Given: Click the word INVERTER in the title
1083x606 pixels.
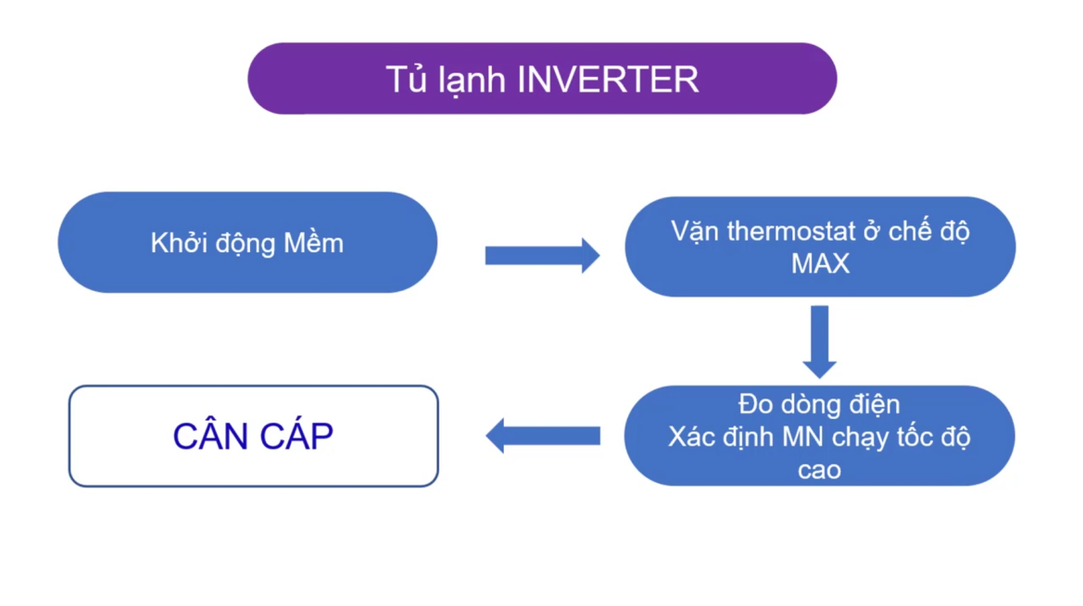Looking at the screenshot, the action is pyautogui.click(x=608, y=79).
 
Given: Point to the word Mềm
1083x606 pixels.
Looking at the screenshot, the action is pyautogui.click(x=314, y=242).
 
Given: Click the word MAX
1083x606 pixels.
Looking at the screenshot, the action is pyautogui.click(x=820, y=263).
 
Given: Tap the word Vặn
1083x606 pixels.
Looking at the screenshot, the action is pyautogui.click(x=695, y=232).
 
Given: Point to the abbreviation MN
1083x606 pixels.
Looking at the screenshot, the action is pyautogui.click(x=802, y=437).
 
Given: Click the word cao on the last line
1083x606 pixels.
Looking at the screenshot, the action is pyautogui.click(x=820, y=470).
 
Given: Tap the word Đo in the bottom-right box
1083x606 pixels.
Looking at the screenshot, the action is pyautogui.click(x=756, y=404).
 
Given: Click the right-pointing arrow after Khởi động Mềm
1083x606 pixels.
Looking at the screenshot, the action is pyautogui.click(x=542, y=255).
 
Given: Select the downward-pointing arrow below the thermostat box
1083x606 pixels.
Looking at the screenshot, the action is pyautogui.click(x=820, y=342).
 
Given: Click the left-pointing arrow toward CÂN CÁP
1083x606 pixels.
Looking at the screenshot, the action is pyautogui.click(x=543, y=435).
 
